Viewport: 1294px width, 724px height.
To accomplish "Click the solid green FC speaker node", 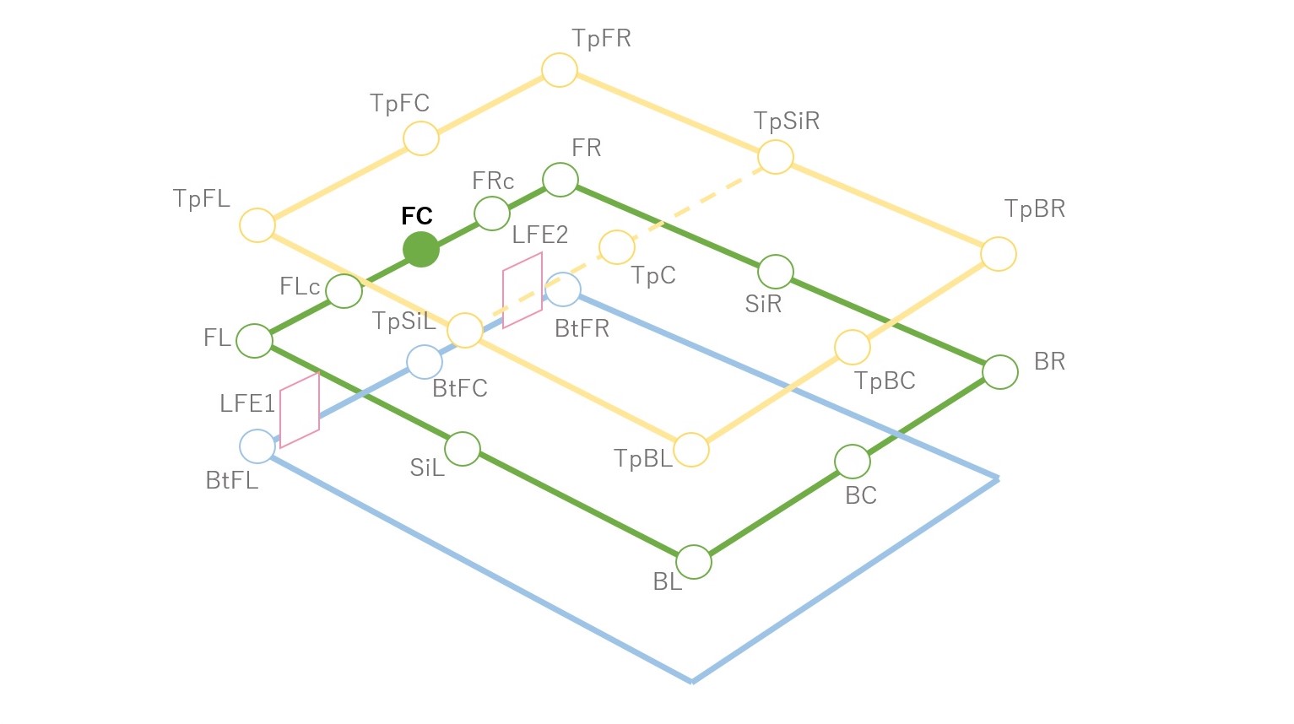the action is (x=421, y=250).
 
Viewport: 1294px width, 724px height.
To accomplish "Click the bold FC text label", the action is (x=417, y=216).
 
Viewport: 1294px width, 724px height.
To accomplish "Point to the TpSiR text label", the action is (x=787, y=122).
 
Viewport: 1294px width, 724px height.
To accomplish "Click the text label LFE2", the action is (x=540, y=235).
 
